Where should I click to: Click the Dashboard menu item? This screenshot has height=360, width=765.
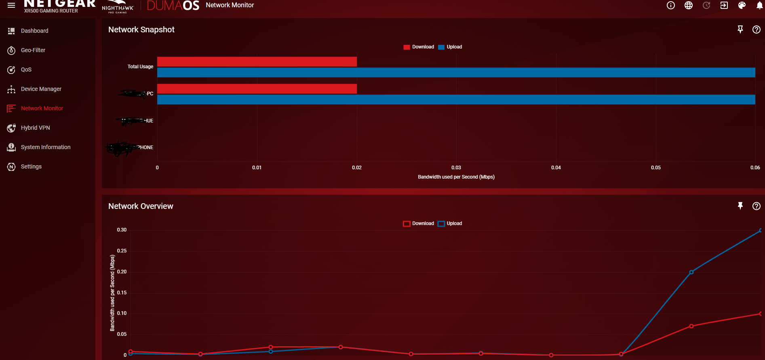click(x=34, y=31)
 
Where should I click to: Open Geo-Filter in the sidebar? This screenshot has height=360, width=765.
click(x=33, y=50)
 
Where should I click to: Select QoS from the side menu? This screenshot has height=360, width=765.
click(x=26, y=69)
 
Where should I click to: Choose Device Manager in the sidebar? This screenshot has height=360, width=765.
click(x=41, y=89)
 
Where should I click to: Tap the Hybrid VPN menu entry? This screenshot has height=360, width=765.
click(x=35, y=128)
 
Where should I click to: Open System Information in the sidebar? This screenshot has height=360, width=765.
click(x=45, y=147)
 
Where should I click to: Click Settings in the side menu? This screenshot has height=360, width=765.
click(x=31, y=166)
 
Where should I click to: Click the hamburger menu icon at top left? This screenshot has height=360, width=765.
click(x=11, y=5)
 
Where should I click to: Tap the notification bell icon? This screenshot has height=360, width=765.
click(x=759, y=5)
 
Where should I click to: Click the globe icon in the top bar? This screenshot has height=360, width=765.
click(x=689, y=5)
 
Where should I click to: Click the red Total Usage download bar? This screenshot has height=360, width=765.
click(x=257, y=62)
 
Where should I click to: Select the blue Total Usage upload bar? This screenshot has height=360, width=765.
click(x=456, y=73)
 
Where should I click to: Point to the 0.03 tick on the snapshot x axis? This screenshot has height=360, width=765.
click(x=456, y=168)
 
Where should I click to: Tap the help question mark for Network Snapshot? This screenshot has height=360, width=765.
click(x=757, y=29)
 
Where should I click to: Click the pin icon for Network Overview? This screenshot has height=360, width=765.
click(x=740, y=206)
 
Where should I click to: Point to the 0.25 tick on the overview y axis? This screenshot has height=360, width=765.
click(x=122, y=251)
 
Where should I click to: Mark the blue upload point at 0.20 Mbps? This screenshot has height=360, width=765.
click(x=691, y=272)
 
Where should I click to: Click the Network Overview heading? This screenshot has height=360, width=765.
click(x=141, y=206)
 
